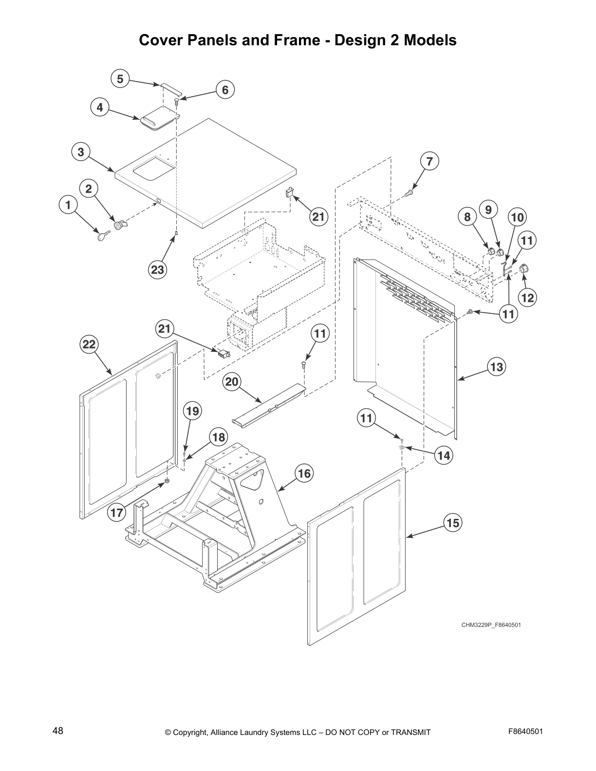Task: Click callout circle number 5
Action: (x=120, y=79)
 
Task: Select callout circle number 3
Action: (x=81, y=152)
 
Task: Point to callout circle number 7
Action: (x=429, y=162)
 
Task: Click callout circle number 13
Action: (x=496, y=367)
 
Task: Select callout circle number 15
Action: (x=453, y=523)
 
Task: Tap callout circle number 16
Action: (x=304, y=473)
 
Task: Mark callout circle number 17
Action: (x=117, y=513)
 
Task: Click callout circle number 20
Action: (x=232, y=382)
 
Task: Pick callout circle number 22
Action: (x=89, y=345)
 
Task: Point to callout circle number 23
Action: (x=158, y=269)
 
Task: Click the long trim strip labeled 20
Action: (x=269, y=402)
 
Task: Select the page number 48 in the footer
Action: (x=58, y=731)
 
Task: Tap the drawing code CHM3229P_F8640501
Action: (x=491, y=624)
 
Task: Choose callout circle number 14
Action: (x=444, y=456)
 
